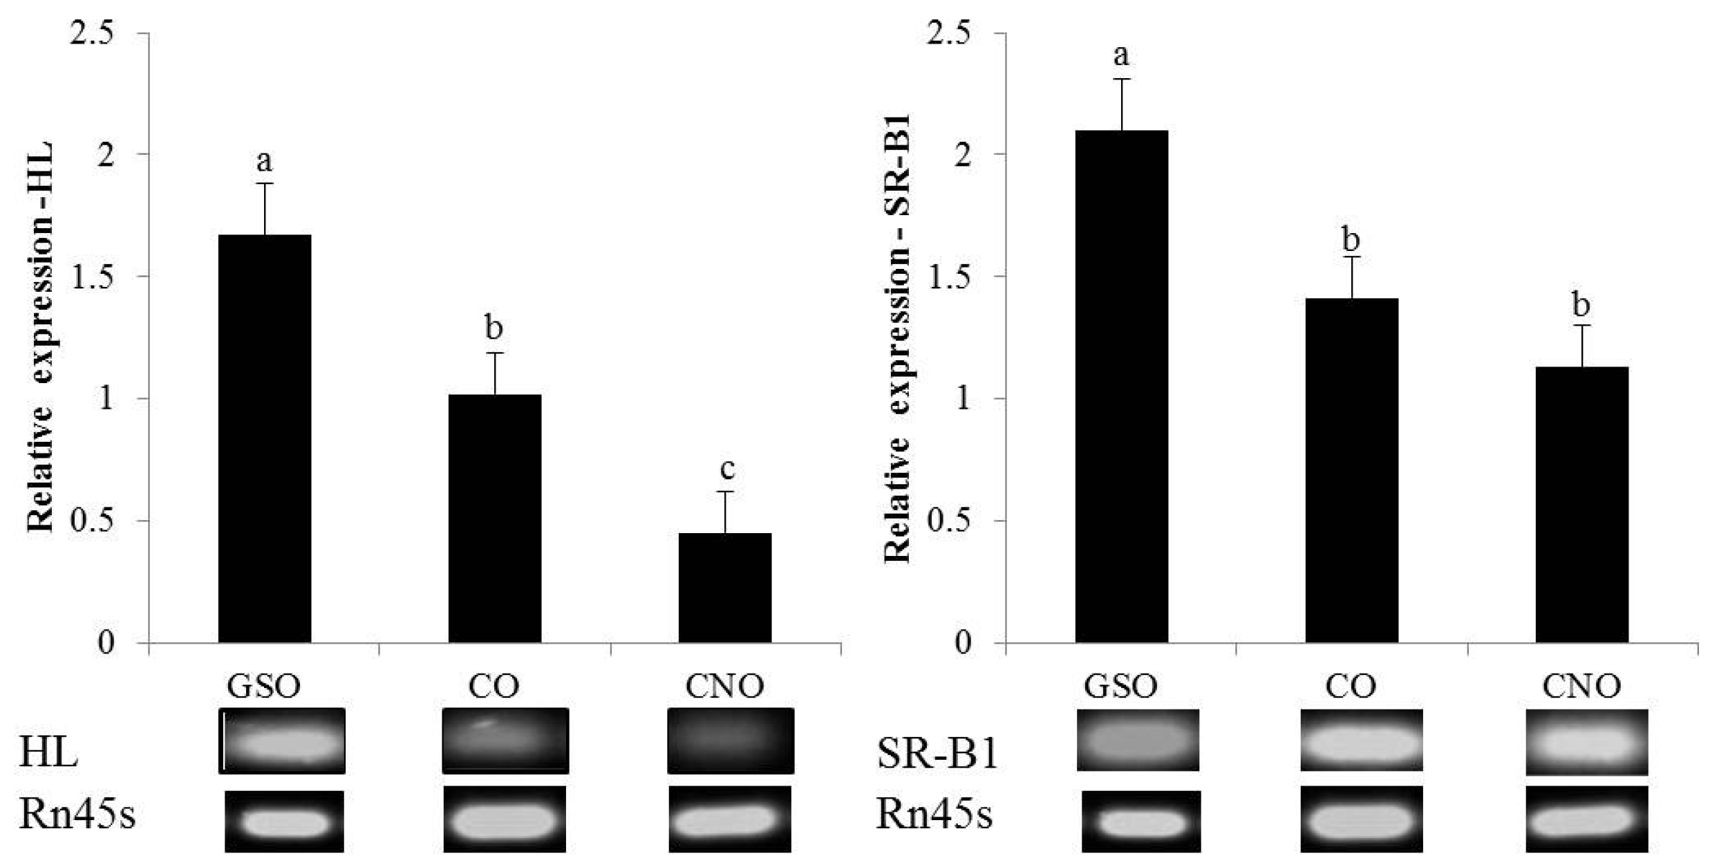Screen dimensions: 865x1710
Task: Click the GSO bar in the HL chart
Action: (x=265, y=439)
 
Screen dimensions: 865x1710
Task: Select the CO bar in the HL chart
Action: (x=495, y=519)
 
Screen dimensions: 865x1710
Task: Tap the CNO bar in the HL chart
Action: (x=725, y=588)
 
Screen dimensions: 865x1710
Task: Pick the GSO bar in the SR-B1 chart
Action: (x=1122, y=387)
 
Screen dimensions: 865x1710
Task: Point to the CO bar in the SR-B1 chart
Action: (x=1352, y=470)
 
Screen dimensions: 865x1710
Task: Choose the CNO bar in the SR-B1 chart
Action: (x=1582, y=505)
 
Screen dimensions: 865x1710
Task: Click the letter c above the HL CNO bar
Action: (x=726, y=469)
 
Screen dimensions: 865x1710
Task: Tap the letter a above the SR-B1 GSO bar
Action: (x=1121, y=54)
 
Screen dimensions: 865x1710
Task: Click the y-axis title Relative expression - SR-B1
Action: (x=897, y=339)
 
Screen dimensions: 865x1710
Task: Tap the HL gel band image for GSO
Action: (x=282, y=741)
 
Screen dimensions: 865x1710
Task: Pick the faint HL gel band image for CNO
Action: (x=731, y=741)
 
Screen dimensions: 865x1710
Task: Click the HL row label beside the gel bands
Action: (x=48, y=753)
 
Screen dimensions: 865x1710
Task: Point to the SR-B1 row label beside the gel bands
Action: (x=937, y=753)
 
